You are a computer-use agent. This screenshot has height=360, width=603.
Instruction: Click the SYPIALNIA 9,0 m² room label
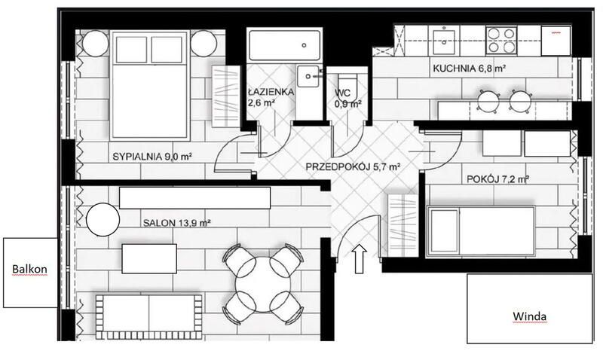152,157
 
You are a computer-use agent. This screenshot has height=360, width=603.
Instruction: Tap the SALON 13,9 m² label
176,223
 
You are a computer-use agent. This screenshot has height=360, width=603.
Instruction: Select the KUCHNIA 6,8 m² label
469,69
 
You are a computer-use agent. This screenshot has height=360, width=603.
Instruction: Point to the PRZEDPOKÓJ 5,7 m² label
353,167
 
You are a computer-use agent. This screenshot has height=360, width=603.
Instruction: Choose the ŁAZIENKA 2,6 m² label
271,97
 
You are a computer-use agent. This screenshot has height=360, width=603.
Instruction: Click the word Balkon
29,269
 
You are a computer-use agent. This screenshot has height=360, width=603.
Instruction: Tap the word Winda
530,316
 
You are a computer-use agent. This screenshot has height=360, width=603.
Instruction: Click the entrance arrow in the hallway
360,258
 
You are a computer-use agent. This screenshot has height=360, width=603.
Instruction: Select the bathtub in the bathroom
285,45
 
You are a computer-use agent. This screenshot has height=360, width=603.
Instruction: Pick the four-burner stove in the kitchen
501,41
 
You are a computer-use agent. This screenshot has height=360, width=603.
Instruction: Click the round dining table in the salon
263,285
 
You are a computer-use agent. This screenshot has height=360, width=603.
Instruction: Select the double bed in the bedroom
149,85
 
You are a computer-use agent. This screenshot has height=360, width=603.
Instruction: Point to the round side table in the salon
103,220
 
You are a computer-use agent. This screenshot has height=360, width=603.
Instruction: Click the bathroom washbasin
308,76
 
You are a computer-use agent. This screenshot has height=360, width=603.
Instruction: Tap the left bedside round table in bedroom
96,44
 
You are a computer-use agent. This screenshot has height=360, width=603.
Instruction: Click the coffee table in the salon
149,258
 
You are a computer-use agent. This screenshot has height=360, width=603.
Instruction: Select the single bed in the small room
481,231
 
